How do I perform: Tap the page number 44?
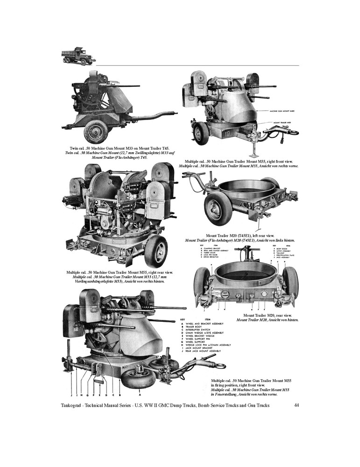[x=296, y=405]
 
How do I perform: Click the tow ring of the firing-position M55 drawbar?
[x=219, y=366]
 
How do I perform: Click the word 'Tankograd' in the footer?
[x=74, y=405]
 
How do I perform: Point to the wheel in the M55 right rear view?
[x=156, y=251]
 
